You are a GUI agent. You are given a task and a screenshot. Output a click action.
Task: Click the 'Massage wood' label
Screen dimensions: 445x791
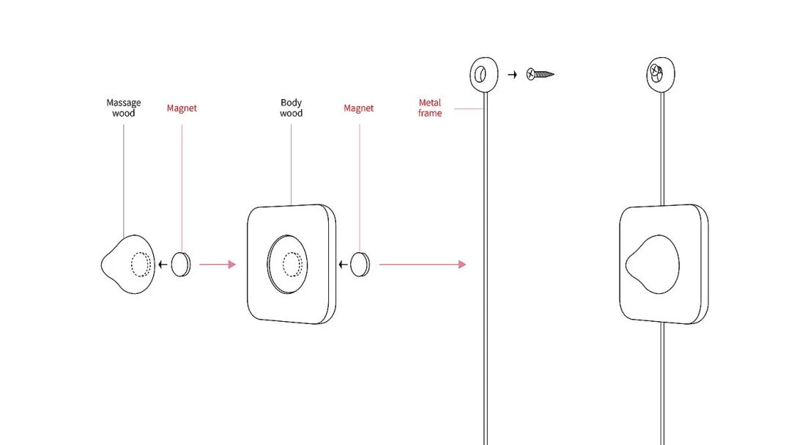[x=123, y=108]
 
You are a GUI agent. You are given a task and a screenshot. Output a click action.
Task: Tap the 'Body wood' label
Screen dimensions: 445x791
[x=291, y=108]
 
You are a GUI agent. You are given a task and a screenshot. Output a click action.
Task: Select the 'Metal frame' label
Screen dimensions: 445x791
[x=430, y=108]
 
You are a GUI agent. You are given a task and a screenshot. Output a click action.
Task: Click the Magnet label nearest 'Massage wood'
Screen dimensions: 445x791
[x=182, y=109]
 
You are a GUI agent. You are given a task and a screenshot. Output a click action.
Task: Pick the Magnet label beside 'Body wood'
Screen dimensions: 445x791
[x=358, y=109]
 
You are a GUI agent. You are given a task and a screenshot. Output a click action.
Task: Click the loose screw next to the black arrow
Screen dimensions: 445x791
[x=541, y=74]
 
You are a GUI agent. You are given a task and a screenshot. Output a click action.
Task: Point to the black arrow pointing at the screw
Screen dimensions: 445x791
[x=513, y=74]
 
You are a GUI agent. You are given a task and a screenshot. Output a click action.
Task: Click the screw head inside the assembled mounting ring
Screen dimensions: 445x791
[x=656, y=73]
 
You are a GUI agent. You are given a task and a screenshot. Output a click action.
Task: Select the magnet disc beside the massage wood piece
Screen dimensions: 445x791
[x=180, y=264]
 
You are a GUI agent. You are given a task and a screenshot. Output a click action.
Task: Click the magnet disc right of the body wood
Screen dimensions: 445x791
[x=359, y=264]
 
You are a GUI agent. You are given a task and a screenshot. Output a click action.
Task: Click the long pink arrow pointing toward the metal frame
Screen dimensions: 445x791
[x=422, y=264]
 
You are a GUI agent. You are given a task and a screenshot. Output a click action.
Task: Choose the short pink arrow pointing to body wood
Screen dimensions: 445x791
[x=217, y=264]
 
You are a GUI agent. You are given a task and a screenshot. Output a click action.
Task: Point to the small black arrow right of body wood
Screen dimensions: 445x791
[x=341, y=264]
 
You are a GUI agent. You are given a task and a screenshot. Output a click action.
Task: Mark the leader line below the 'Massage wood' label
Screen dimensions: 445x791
[x=123, y=176]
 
